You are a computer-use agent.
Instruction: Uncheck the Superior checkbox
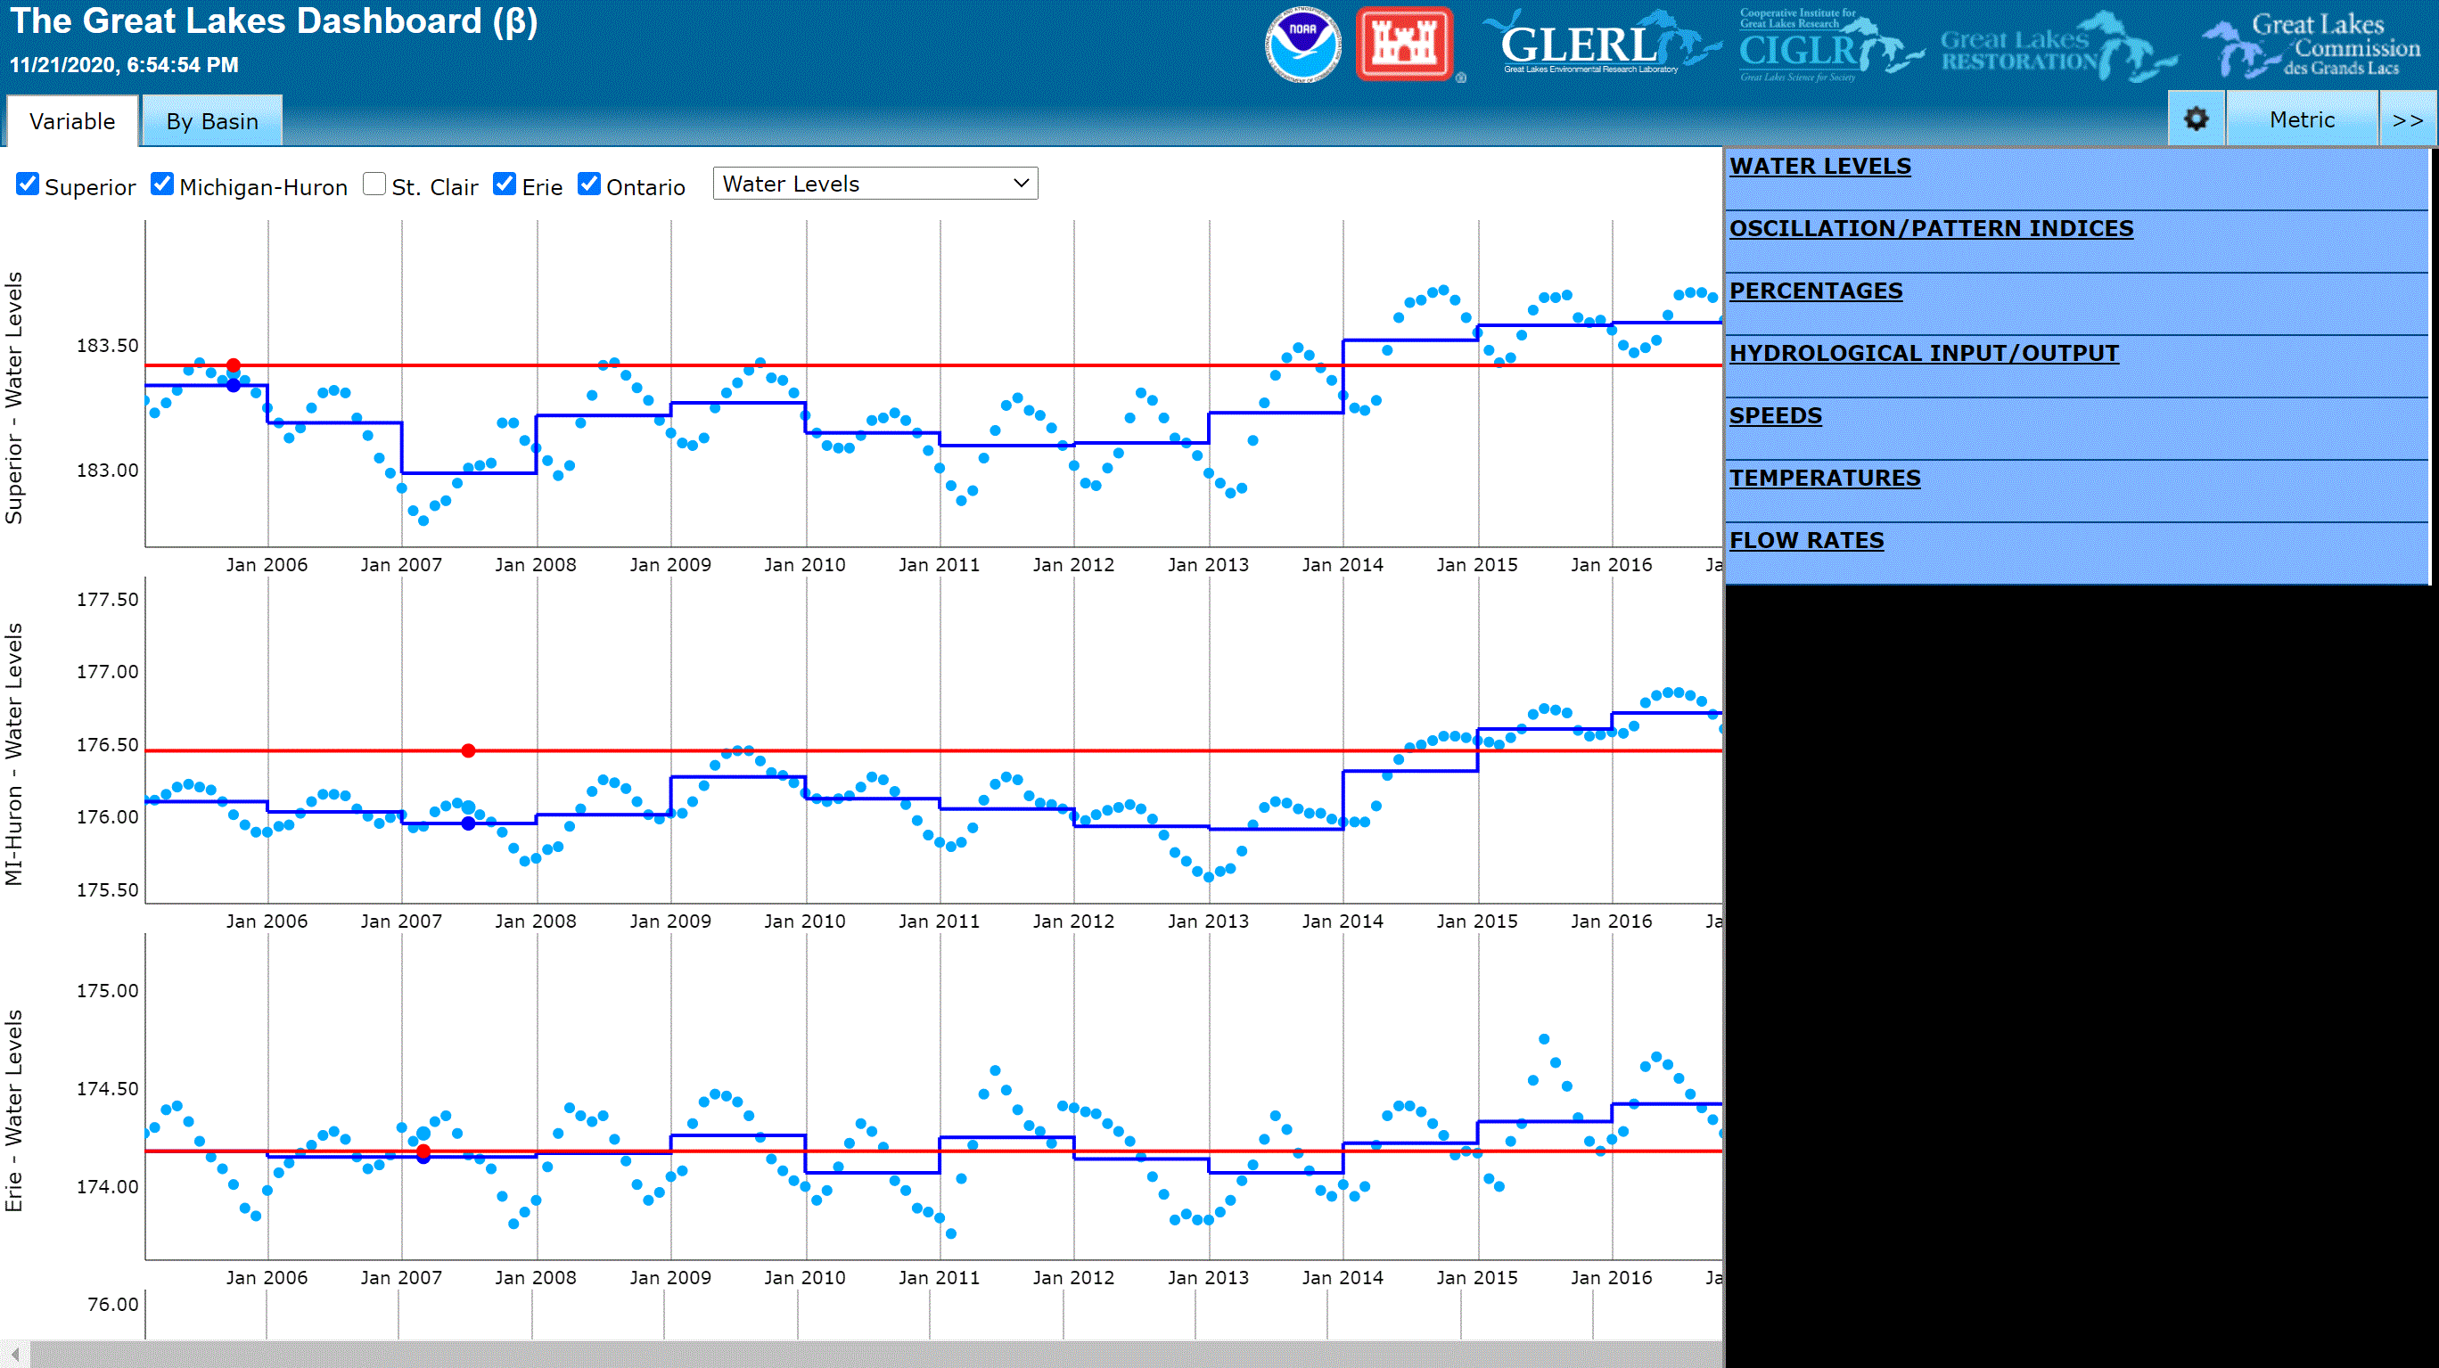29,184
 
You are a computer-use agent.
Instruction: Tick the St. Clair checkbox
375,184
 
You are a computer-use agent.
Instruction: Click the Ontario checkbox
589,184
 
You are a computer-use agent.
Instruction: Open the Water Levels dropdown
875,184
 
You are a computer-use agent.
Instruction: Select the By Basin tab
212,121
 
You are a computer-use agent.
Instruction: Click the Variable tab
72,121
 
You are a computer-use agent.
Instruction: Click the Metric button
2301,119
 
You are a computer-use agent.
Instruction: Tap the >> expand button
2407,119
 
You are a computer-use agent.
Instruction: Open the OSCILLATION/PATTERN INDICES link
1931,228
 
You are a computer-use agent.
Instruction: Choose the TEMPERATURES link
1825,478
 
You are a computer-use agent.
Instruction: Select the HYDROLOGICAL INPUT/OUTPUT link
1923,353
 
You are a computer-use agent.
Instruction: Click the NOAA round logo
1302,45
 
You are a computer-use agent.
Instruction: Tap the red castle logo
1404,45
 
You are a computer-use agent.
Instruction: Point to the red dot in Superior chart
233,365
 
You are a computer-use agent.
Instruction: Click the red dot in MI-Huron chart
469,750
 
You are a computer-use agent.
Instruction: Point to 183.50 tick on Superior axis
107,346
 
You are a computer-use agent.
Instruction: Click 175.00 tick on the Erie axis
107,990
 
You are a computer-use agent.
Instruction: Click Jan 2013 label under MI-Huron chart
1207,922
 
